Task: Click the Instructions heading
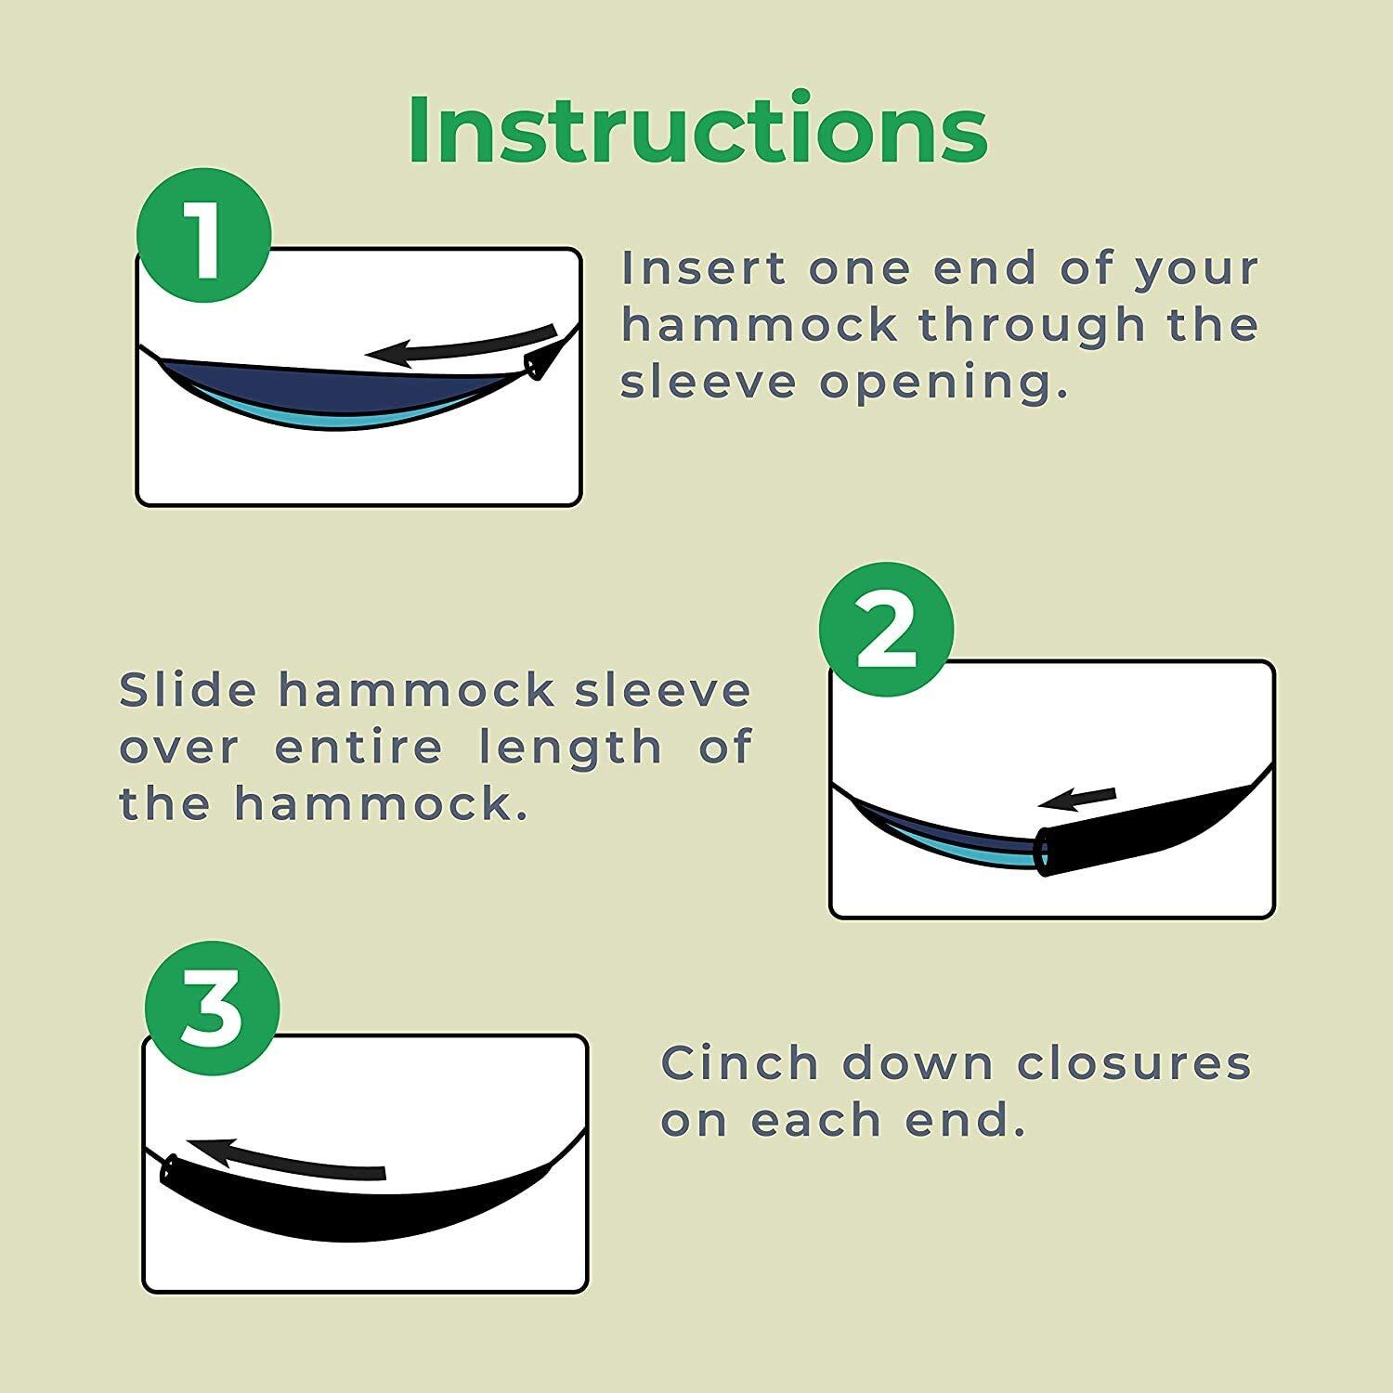point(697,129)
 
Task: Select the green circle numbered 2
point(886,630)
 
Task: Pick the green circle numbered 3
point(212,1009)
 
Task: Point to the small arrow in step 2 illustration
point(1077,800)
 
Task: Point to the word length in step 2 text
point(570,748)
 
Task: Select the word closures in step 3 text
point(1136,1064)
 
